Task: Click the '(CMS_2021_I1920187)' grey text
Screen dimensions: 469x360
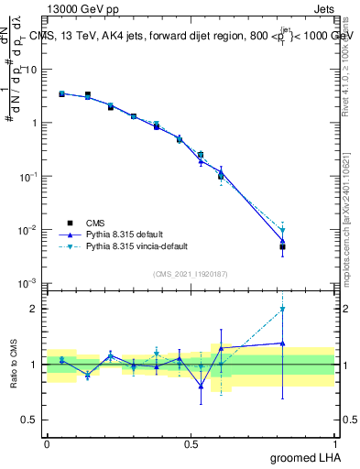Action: [x=190, y=273]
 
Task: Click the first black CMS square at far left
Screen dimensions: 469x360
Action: [x=61, y=93]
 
